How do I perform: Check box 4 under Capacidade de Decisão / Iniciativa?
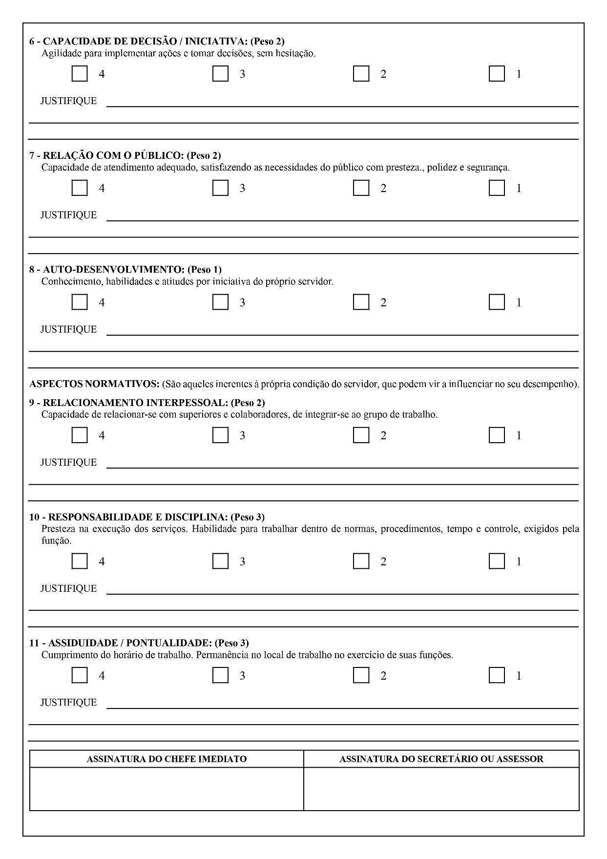pyautogui.click(x=80, y=74)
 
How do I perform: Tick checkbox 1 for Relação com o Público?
pyautogui.click(x=497, y=188)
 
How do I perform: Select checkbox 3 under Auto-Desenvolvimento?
pyautogui.click(x=220, y=302)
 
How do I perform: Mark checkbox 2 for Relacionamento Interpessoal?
pyautogui.click(x=361, y=435)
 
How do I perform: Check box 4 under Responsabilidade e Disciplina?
pyautogui.click(x=80, y=561)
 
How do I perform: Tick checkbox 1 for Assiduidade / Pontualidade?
pyautogui.click(x=497, y=676)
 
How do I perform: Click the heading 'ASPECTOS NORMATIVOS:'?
pyautogui.click(x=94, y=384)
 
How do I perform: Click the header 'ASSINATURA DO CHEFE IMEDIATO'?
pyautogui.click(x=167, y=759)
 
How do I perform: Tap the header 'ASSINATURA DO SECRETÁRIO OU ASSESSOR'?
pyautogui.click(x=441, y=759)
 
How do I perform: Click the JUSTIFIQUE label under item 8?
pyautogui.click(x=68, y=329)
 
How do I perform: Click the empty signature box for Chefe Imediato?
pyautogui.click(x=167, y=788)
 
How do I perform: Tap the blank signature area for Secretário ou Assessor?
pyautogui.click(x=441, y=788)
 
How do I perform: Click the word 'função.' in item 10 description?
pyautogui.click(x=56, y=541)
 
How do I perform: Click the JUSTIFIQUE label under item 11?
pyautogui.click(x=68, y=703)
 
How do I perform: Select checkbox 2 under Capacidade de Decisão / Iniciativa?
pyautogui.click(x=361, y=74)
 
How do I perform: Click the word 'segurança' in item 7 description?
pyautogui.click(x=488, y=168)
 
